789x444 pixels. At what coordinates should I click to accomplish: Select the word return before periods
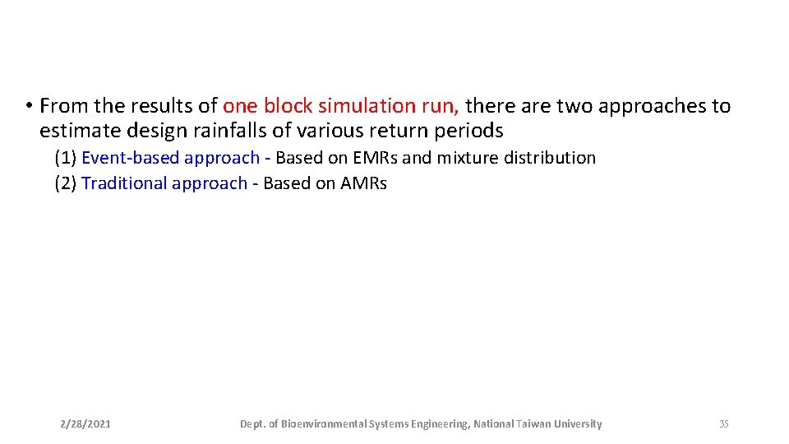click(x=403, y=131)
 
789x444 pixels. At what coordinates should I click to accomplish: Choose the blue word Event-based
click(x=130, y=158)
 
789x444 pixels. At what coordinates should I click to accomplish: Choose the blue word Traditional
click(x=124, y=183)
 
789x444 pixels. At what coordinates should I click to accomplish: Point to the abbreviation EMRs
click(x=374, y=158)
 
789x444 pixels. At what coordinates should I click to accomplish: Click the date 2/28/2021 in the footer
click(x=85, y=424)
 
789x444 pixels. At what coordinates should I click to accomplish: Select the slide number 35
click(x=723, y=424)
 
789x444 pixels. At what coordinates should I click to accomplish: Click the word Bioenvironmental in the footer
click(x=323, y=424)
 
